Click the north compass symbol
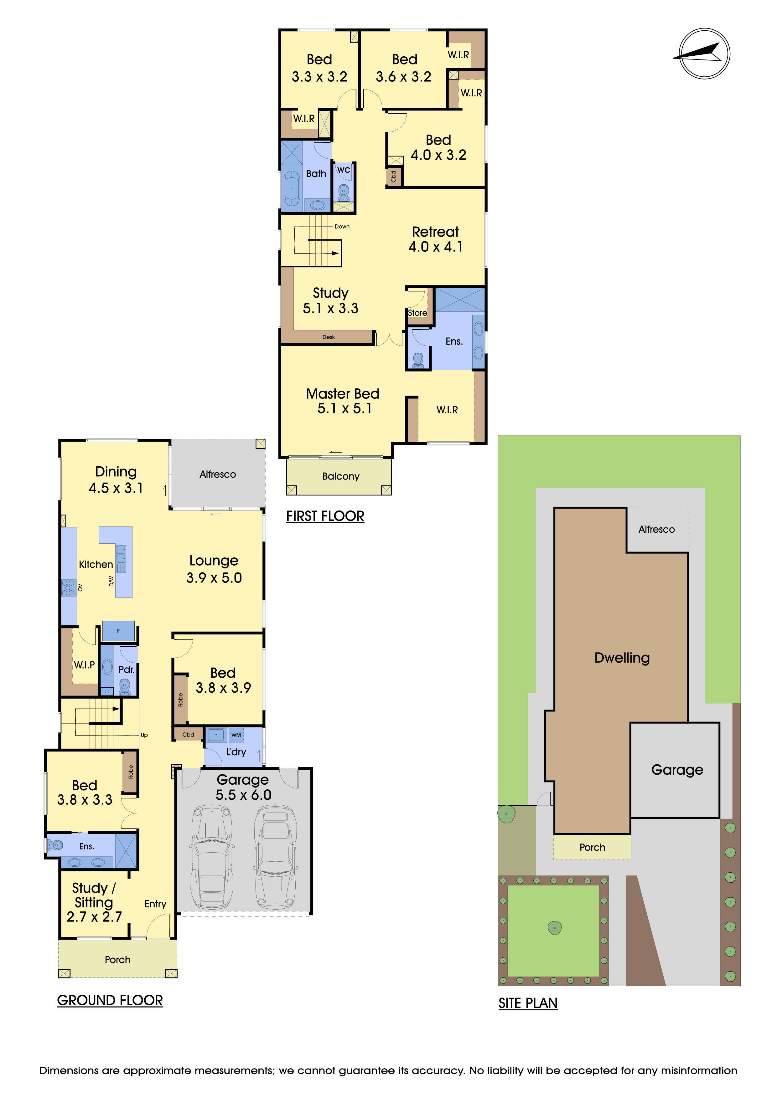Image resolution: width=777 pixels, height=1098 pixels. pos(704,54)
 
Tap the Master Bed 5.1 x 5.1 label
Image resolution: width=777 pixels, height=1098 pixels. pos(343,401)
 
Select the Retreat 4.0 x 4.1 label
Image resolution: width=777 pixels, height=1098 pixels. pos(435,239)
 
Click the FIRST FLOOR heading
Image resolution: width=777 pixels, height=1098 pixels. pos(325,516)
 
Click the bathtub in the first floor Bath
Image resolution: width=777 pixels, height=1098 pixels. pos(291,189)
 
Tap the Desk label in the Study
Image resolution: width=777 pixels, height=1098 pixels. pos(329,337)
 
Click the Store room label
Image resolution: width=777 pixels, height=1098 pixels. pos(417,313)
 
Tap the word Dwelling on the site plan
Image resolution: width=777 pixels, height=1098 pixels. pos(622,658)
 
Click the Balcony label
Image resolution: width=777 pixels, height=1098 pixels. pos(341,476)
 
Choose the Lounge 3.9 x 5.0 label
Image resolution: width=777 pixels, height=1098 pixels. pos(214,569)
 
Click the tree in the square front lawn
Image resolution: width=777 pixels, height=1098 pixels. pos(554,928)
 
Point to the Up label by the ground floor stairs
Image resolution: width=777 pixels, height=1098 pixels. pos(144,735)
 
